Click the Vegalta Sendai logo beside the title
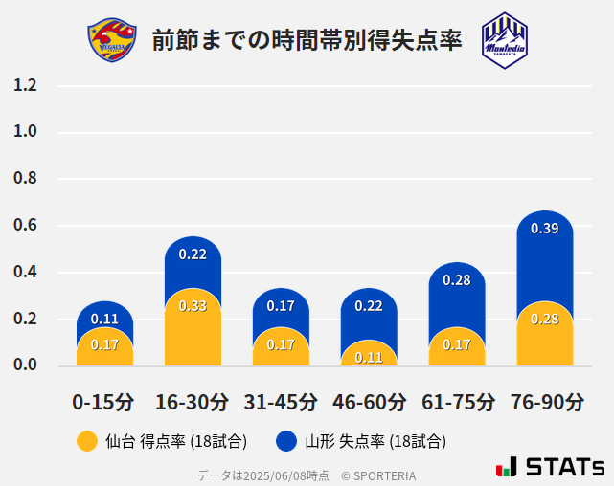point(108,40)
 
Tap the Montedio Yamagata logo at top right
point(504,40)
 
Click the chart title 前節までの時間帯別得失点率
point(307,40)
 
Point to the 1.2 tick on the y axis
point(25,86)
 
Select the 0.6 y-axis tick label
point(25,226)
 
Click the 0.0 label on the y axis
point(25,364)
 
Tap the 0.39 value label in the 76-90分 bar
point(544,229)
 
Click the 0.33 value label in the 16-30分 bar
point(193,306)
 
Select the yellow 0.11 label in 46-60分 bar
point(369,357)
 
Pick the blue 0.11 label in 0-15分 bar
point(104,319)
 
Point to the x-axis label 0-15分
point(103,401)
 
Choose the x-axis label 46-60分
point(369,401)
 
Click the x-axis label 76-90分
point(546,401)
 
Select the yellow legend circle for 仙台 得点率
point(87,441)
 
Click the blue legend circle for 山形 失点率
point(285,441)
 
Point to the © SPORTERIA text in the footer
point(378,475)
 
